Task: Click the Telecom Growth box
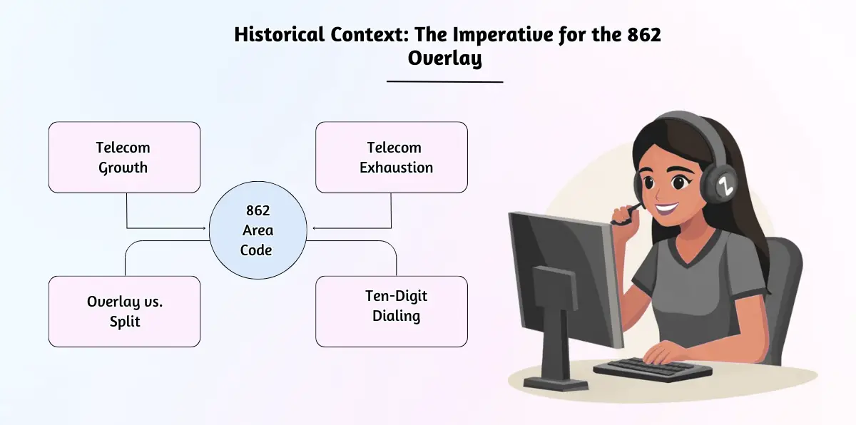pos(125,158)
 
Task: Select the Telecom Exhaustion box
pos(392,158)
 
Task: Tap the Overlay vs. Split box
pos(125,312)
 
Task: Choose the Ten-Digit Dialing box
pos(392,312)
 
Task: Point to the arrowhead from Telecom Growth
pos(204,228)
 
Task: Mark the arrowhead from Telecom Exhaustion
pos(314,228)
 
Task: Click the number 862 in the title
pos(644,35)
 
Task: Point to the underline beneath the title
pos(445,81)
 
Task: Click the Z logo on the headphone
pos(724,186)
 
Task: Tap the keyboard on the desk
pos(653,369)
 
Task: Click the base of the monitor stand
pos(556,384)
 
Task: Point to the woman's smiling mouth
pos(667,210)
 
